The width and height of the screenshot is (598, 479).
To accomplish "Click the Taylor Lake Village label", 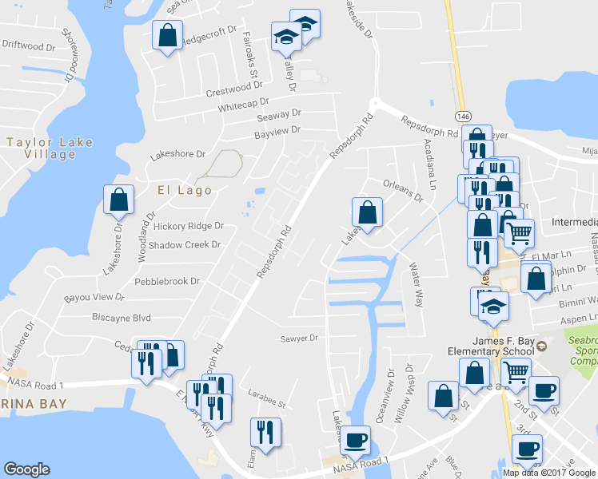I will (x=50, y=148).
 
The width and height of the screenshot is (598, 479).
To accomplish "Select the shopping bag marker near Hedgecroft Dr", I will (x=167, y=36).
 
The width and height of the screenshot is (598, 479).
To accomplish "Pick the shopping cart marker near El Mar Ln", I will (x=520, y=234).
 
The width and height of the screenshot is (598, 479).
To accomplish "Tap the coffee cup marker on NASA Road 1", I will (x=356, y=439).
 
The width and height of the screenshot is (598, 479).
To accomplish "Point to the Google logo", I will (x=26, y=469).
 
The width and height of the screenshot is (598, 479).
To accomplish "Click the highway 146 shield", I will (x=463, y=116).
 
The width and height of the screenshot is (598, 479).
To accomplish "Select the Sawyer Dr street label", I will (x=300, y=338).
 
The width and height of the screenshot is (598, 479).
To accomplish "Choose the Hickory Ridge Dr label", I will (x=189, y=227).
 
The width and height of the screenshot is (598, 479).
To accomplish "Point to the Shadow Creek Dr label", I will (x=184, y=244).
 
